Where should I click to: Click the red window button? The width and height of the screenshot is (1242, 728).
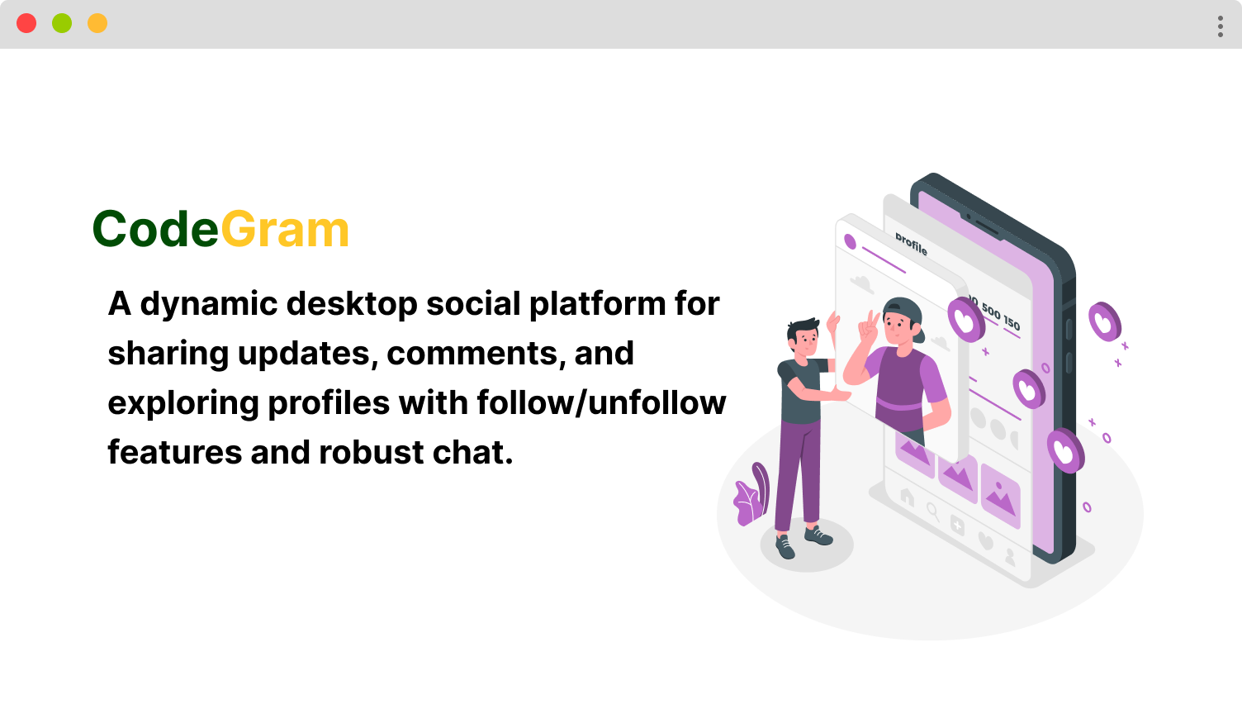pos(26,23)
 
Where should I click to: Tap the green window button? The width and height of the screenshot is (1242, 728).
pos(62,23)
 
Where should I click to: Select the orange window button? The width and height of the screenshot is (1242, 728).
pos(97,23)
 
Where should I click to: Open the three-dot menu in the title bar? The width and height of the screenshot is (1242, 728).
pos(1220,26)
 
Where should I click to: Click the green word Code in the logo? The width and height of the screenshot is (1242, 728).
pos(156,229)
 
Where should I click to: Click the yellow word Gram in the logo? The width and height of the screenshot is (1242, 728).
pos(285,229)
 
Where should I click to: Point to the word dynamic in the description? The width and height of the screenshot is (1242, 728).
pos(208,305)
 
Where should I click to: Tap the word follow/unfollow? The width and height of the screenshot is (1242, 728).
pos(601,402)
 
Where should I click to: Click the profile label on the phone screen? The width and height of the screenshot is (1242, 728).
pos(911,244)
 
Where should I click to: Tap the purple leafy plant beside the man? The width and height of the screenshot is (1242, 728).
pos(751,496)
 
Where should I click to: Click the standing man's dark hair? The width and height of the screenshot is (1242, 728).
pos(803,328)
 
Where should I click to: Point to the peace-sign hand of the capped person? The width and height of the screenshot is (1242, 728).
pos(868,328)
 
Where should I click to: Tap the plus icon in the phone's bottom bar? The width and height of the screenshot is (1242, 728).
pos(957,525)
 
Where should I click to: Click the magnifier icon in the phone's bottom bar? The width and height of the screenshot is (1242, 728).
pos(932,512)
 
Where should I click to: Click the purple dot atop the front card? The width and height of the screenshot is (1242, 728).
pos(850,242)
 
